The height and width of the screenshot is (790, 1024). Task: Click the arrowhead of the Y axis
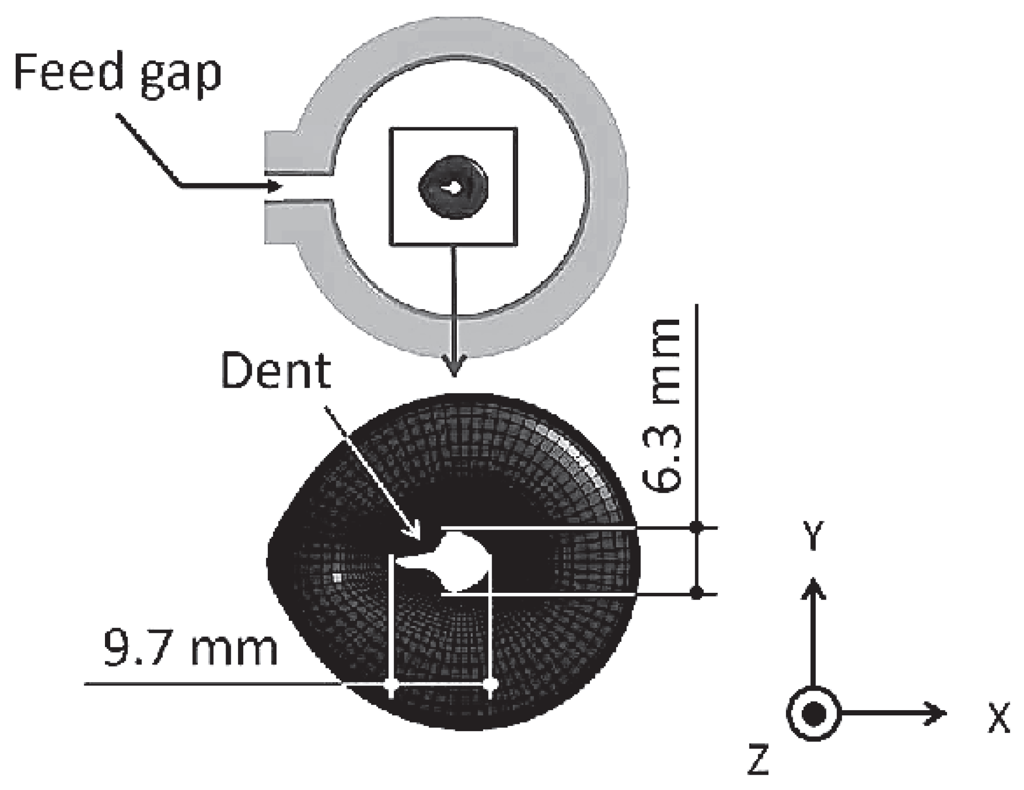point(813,587)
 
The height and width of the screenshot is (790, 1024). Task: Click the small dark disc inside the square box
point(453,187)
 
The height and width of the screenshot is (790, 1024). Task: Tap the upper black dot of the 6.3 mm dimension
point(696,527)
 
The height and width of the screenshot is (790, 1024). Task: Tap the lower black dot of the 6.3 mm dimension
point(696,593)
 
